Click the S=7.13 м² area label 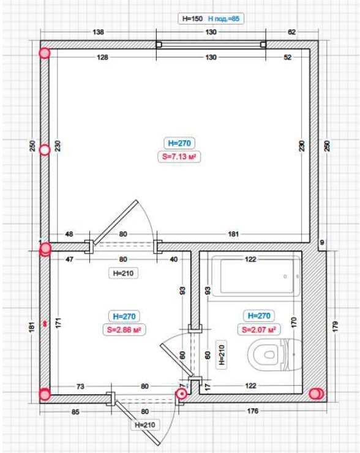coord(179,157)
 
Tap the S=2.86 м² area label coord(124,329)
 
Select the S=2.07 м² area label coord(259,329)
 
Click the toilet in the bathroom coord(274,354)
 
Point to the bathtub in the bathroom coord(256,277)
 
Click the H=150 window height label coord(192,19)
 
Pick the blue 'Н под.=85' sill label coord(224,19)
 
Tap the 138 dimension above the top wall coord(98,32)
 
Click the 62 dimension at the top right coord(292,32)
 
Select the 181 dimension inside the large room coord(233,234)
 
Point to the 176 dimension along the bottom coord(253,411)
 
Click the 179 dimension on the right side coord(335,326)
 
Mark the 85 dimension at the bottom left coord(75,411)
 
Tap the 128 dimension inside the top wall coord(102,57)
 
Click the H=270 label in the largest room coord(179,143)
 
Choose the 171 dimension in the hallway coord(58,323)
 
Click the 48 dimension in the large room coord(69,234)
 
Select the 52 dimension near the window coord(288,57)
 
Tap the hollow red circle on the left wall coord(45,150)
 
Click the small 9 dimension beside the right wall coord(322,242)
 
